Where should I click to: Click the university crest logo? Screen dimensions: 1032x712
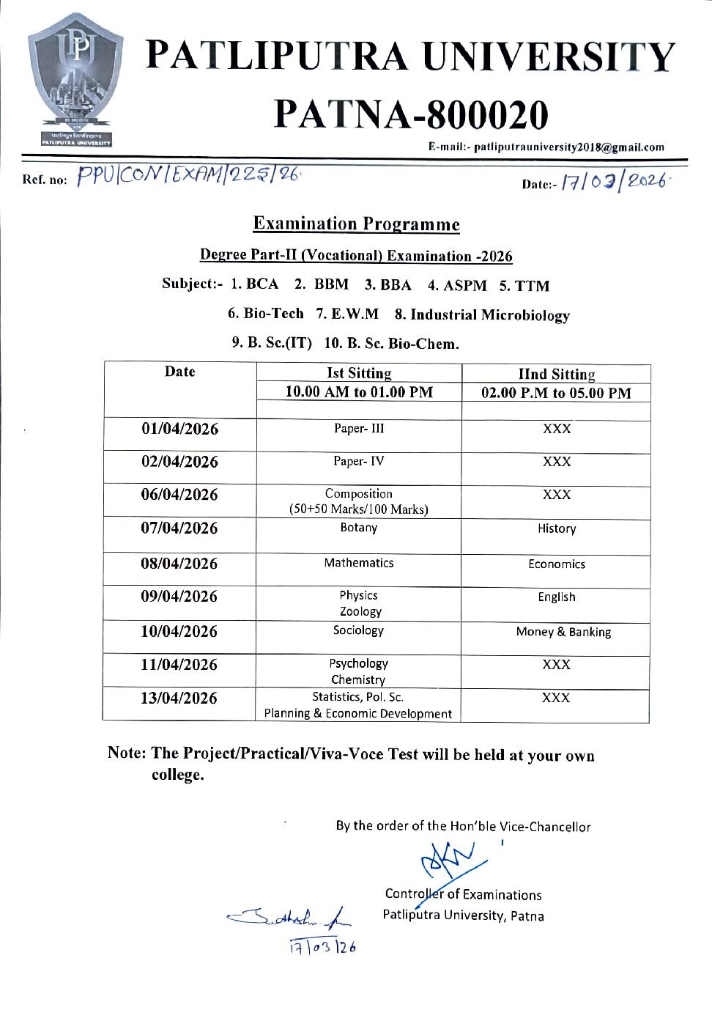(x=71, y=80)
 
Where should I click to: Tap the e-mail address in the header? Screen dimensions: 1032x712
(x=568, y=147)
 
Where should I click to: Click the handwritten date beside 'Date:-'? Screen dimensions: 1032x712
(x=615, y=181)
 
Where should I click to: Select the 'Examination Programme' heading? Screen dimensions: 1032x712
(x=357, y=224)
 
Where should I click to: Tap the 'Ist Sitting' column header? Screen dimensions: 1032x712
(x=359, y=373)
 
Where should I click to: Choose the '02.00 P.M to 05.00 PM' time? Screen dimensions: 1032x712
(x=556, y=393)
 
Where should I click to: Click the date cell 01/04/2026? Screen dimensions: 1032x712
(x=180, y=429)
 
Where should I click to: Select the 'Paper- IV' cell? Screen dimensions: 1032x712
(x=359, y=461)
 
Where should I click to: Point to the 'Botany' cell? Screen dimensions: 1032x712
(x=359, y=527)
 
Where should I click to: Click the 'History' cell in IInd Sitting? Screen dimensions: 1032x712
(x=557, y=528)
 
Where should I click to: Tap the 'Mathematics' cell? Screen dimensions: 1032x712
(x=359, y=562)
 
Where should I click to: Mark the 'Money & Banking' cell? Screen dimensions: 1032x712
(x=563, y=632)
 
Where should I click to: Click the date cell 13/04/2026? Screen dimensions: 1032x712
(x=179, y=698)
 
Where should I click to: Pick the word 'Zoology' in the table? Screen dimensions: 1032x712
(x=360, y=611)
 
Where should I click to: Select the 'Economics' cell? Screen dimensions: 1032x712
(x=557, y=564)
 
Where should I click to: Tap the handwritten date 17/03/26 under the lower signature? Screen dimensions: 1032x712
(x=322, y=946)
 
